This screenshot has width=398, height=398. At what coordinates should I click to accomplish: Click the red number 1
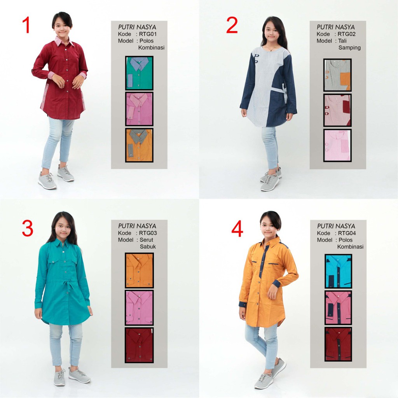point(26,25)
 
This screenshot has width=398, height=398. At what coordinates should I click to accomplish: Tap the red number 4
point(237,228)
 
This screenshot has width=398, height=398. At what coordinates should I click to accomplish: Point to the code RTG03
point(148,233)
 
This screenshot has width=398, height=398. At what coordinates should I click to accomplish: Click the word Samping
point(349,48)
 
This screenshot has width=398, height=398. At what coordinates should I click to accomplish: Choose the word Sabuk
point(148,246)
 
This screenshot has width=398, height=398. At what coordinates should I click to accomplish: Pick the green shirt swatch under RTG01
point(139,73)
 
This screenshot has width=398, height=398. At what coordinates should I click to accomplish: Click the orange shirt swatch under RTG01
point(139,145)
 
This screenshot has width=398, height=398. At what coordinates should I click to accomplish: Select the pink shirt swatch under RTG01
point(139,109)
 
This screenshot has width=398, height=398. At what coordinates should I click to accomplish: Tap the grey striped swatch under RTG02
point(337,75)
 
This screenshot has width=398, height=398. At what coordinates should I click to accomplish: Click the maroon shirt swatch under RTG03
point(139,345)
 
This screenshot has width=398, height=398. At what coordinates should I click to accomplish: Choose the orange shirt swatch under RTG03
point(139,271)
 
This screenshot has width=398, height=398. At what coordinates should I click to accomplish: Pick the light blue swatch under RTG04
point(339,271)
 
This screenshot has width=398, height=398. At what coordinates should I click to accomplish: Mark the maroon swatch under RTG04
point(339,344)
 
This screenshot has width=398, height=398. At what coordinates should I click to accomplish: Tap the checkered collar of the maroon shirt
point(64,41)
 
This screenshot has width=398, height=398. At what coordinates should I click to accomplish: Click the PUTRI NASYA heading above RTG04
point(336,226)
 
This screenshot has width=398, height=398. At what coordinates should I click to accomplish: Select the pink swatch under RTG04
point(339,308)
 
